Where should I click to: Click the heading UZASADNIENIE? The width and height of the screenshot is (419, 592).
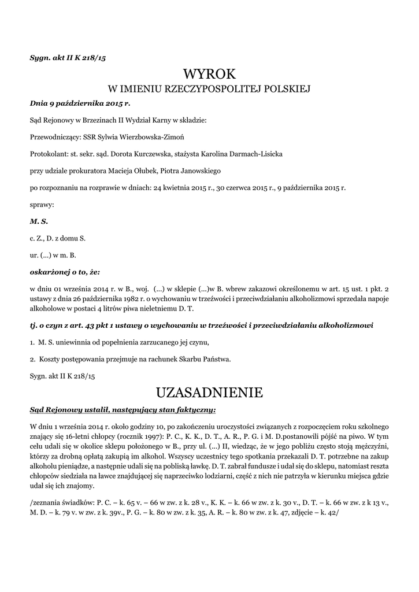coord(209,393)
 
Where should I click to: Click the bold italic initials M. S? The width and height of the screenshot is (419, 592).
coord(39,221)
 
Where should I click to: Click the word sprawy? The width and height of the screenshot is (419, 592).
coord(42,204)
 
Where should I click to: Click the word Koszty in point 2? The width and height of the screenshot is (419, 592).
coord(50,358)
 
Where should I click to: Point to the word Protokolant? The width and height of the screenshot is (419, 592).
coord(49,154)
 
